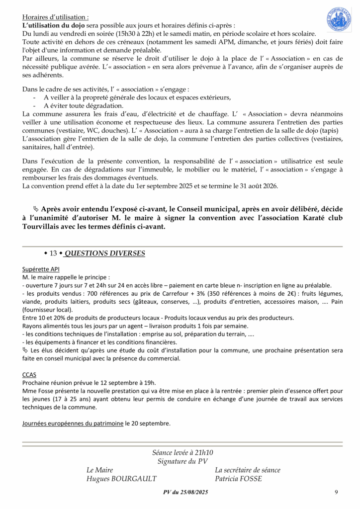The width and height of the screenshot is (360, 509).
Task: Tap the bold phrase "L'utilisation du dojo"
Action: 54,25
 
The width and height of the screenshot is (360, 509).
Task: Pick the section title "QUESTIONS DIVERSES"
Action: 105,254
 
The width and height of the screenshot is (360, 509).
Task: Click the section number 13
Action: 54,254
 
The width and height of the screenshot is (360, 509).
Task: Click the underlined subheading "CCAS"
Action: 29,374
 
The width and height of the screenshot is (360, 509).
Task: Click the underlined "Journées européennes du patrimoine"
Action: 73,424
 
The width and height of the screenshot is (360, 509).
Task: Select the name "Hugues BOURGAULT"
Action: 121,479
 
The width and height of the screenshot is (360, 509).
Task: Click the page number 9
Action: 336,492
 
